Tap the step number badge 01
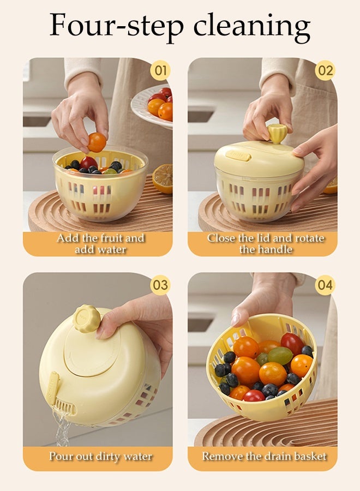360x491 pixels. coord(160,70)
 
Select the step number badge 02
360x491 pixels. coord(325,70)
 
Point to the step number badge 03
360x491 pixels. coord(160,285)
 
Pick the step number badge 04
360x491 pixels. coord(325,285)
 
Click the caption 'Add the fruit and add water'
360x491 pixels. coord(100,244)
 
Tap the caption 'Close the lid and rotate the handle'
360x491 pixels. coord(266,244)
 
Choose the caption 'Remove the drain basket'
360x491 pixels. coord(265,456)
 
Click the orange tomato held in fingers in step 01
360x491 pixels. coord(97,142)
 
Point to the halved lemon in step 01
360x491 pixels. coord(163,178)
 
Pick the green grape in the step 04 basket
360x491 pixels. coord(279,356)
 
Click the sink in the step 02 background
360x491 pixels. coord(201,115)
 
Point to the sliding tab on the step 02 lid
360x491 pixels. coord(239,156)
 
